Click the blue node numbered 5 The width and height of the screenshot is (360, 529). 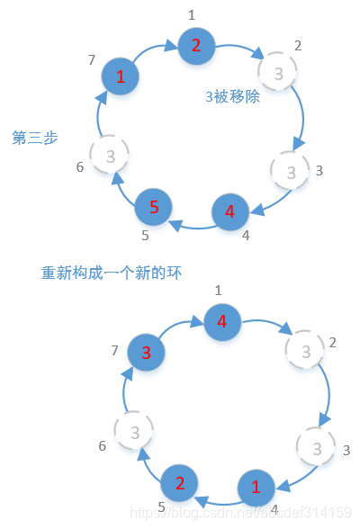[154, 208]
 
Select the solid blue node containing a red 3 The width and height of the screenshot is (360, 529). [146, 352]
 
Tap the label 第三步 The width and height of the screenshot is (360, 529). [35, 138]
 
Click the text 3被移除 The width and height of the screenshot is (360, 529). [232, 96]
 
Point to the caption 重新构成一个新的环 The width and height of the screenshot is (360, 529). [112, 272]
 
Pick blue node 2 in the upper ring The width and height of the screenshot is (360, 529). [195, 46]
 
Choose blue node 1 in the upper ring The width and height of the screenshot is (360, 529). [121, 77]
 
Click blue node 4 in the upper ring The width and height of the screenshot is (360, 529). [230, 212]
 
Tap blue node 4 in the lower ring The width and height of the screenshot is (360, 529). [222, 321]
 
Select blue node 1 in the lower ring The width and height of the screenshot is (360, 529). [256, 488]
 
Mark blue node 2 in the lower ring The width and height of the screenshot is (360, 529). [179, 483]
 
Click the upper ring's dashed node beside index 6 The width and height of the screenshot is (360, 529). [110, 157]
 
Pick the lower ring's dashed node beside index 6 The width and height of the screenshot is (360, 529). [134, 432]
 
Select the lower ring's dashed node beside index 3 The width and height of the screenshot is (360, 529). [316, 446]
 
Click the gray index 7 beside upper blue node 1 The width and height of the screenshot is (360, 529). [92, 59]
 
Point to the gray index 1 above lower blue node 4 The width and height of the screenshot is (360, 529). [218, 290]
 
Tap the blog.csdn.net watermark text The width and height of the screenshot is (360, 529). [241, 511]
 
